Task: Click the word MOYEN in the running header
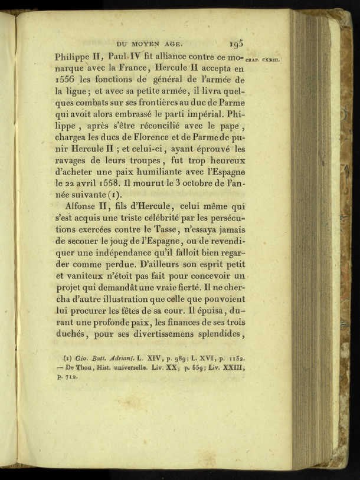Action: pyautogui.click(x=150, y=43)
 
